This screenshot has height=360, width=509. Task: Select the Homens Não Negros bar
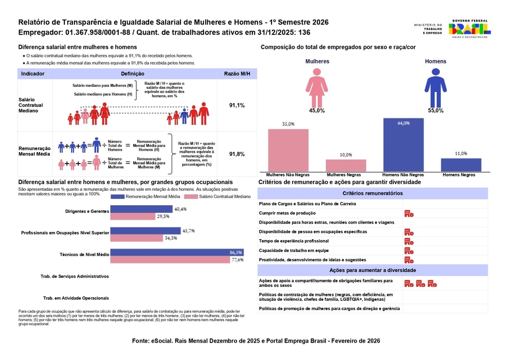[403, 145]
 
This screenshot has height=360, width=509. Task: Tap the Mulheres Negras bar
[346, 165]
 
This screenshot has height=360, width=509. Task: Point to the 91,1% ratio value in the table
[237, 105]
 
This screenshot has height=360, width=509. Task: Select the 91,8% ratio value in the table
[237, 154]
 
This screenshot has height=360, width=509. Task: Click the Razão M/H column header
[237, 74]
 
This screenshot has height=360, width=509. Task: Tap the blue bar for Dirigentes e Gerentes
[141, 209]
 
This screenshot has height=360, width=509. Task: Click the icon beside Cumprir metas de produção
[409, 213]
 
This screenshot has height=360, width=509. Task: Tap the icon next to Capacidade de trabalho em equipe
[409, 250]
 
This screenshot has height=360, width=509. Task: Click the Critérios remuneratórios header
[372, 193]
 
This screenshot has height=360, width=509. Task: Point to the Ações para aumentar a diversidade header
[372, 270]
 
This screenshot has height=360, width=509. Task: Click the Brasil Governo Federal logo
[469, 28]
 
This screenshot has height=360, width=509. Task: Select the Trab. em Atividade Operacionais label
[76, 298]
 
